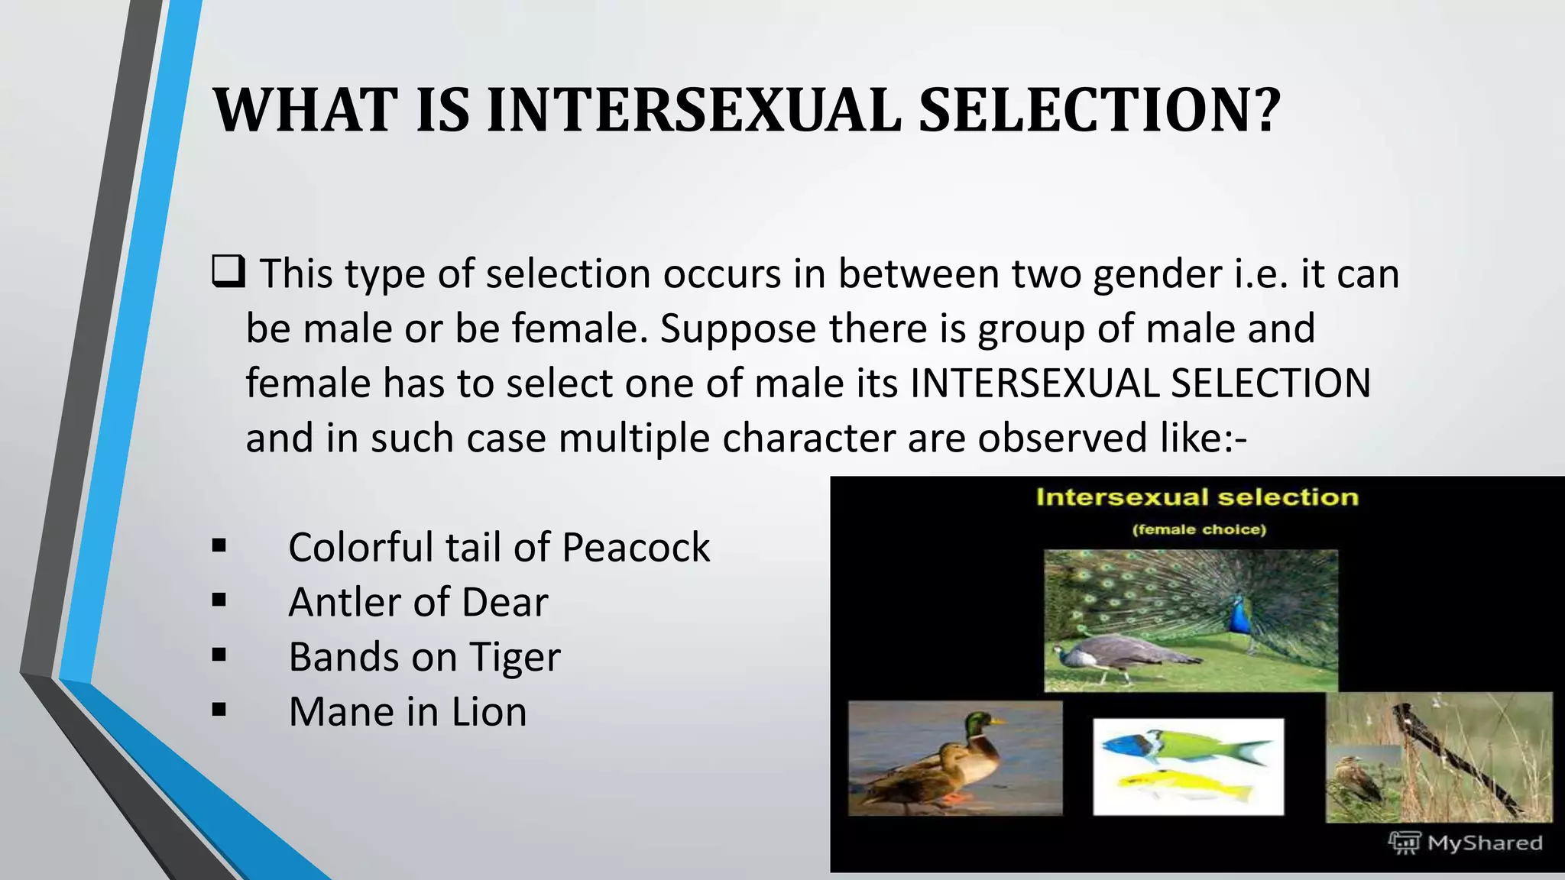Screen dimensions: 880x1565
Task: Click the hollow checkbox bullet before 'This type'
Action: point(228,272)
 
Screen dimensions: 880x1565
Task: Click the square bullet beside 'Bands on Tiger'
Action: point(219,655)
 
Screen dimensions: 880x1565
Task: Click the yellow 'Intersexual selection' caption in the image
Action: point(1197,497)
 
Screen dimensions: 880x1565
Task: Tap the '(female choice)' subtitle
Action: point(1199,529)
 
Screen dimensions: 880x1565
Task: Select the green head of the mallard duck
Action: point(979,722)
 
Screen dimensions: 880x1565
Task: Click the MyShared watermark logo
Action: point(1404,843)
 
